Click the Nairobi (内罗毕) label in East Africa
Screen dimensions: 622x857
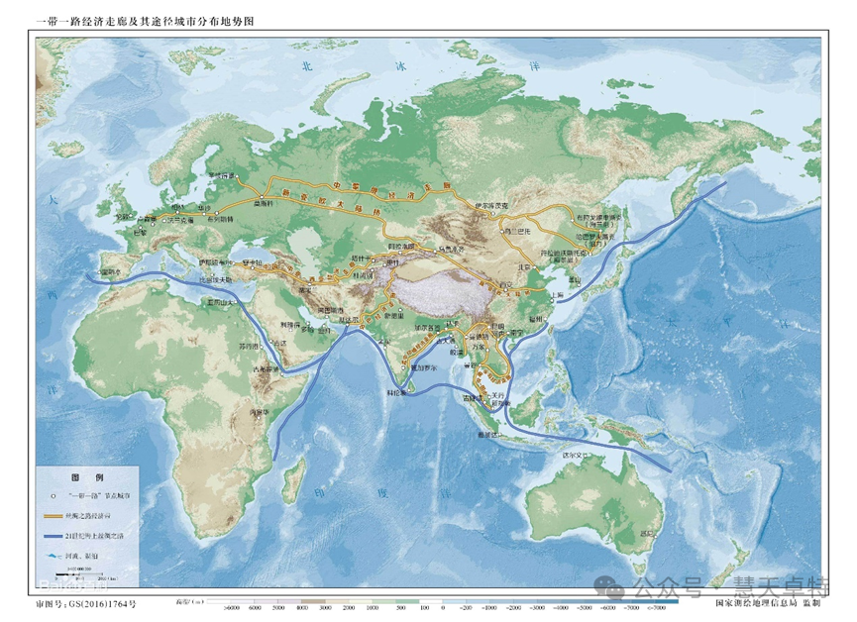pos(261,411)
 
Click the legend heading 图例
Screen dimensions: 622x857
pos(87,476)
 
